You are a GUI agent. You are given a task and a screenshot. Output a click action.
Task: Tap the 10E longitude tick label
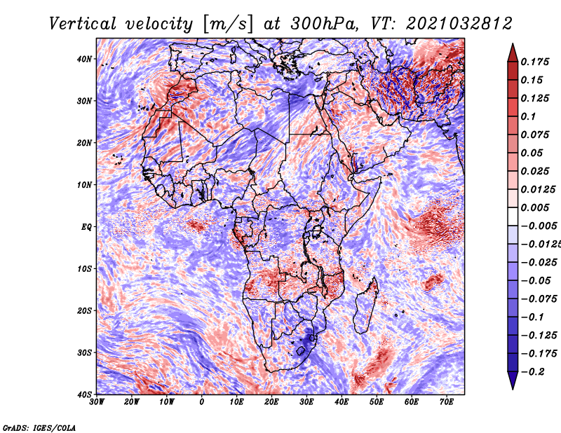click(237, 401)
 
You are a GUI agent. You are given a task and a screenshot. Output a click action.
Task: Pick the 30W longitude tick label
click(97, 401)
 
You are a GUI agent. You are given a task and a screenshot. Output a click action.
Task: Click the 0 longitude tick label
click(202, 401)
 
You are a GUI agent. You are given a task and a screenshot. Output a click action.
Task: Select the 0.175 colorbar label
click(534, 62)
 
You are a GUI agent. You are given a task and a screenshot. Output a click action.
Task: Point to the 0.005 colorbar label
click(534, 207)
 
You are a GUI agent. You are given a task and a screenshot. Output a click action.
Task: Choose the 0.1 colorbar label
click(528, 116)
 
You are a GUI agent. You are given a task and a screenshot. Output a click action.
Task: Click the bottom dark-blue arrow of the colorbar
click(512, 380)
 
